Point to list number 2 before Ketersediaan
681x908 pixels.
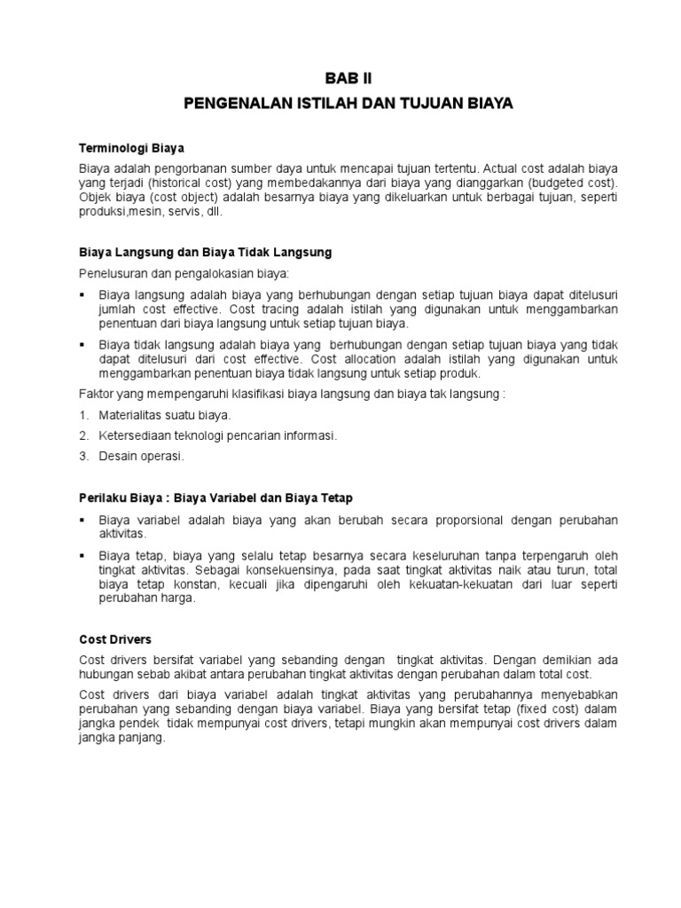click(83, 435)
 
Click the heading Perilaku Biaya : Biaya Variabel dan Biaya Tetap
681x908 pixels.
click(221, 498)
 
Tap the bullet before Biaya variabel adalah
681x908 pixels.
click(82, 520)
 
